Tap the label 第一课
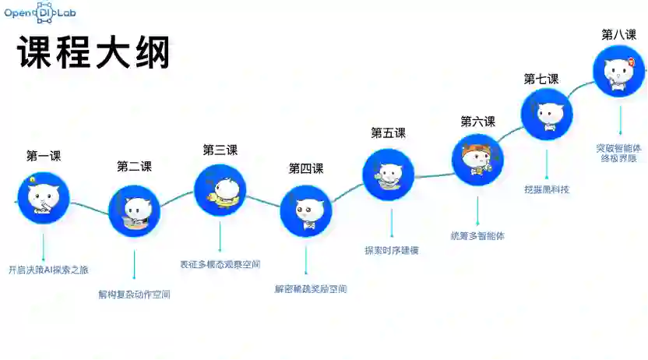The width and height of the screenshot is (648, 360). pos(44,156)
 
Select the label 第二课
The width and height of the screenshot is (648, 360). pos(134,166)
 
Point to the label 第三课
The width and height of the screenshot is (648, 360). pos(220,150)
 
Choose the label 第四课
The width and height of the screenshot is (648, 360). pos(306,168)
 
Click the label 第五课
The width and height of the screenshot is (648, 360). pos(388,133)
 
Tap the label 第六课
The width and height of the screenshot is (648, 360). pos(477,122)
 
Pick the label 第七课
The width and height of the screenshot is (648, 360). pos(541,79)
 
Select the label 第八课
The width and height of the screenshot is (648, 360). pos(619,34)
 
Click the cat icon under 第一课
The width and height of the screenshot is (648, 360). pos(44,197)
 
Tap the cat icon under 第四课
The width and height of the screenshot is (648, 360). pos(306,210)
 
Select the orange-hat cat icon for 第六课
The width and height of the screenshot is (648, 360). pos(477,160)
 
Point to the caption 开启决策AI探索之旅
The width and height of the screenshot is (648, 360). pos(48,270)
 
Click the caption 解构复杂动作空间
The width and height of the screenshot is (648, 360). pos(134,295)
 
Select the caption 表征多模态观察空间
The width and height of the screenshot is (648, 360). pos(220,264)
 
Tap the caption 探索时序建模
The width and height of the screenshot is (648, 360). pos(392,250)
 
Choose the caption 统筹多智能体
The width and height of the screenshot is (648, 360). pos(477,235)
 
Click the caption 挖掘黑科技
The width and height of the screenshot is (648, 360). pos(547,189)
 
